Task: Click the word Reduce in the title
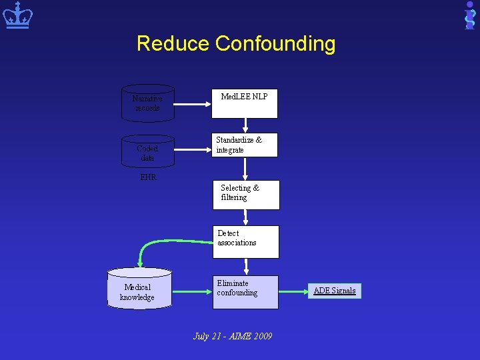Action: click(x=173, y=44)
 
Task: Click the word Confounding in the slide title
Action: click(x=275, y=44)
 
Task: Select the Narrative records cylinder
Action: click(x=147, y=103)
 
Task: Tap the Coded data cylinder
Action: click(x=147, y=153)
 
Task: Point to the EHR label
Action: click(x=148, y=177)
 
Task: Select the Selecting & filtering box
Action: click(x=246, y=194)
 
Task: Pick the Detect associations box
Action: click(x=246, y=241)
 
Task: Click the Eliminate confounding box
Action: click(x=246, y=293)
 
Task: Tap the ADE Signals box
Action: click(x=335, y=291)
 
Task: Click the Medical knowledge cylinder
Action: click(x=139, y=288)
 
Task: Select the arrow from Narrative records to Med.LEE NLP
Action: click(x=193, y=103)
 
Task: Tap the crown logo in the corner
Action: click(x=17, y=16)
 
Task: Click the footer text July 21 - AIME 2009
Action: click(x=233, y=336)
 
